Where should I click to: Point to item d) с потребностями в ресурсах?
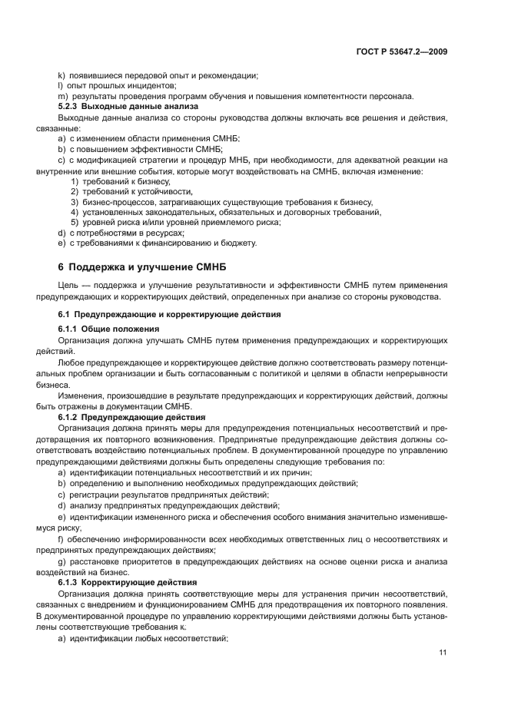pyautogui.click(x=121, y=233)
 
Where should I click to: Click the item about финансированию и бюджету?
pyautogui.click(x=157, y=243)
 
